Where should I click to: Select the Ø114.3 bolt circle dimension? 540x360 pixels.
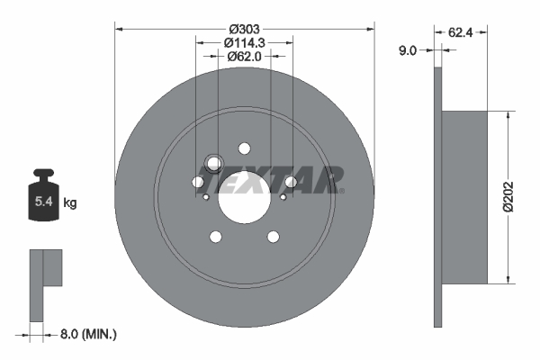coord(244,42)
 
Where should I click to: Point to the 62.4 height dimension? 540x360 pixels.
coord(460,32)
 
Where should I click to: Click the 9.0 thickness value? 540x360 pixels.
coord(407,51)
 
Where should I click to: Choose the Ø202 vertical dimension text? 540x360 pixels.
coord(510,195)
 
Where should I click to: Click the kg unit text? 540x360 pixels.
coord(70,203)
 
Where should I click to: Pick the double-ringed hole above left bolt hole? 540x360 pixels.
coord(213,164)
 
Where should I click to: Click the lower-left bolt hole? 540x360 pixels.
coord(215,238)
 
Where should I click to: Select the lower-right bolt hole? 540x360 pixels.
coord(273,238)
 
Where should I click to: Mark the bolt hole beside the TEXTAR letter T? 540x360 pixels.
coord(290,183)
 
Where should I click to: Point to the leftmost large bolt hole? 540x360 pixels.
coord(198,183)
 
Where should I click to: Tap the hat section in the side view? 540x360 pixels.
coord(465,195)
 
